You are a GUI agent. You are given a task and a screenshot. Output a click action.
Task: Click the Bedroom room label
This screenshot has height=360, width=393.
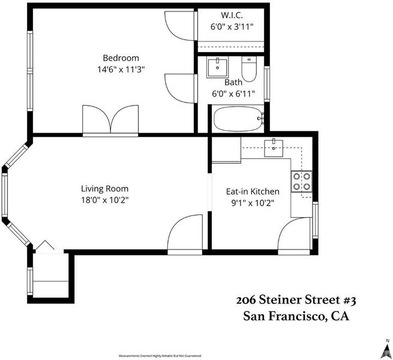click(x=121, y=58)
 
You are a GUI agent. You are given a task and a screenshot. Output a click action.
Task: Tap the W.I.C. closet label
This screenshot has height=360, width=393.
click(x=232, y=15)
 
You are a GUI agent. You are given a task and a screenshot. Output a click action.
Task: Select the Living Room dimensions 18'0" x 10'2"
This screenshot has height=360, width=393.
click(x=104, y=200)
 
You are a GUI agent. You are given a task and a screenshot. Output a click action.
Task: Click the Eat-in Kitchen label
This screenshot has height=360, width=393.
click(x=253, y=191)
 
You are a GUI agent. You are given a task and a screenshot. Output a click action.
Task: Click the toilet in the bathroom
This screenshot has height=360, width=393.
click(x=249, y=68)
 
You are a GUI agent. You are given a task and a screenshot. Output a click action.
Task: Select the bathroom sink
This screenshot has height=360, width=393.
click(x=217, y=67)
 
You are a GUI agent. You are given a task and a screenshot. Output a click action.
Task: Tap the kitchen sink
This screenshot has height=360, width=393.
click(x=274, y=148)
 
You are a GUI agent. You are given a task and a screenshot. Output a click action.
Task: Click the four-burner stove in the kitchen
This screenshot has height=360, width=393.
click(x=302, y=182)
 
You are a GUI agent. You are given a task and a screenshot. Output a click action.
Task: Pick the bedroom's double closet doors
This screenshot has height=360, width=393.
click(x=110, y=119)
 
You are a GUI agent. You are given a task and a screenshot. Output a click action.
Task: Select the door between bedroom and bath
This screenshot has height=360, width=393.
click(x=180, y=88)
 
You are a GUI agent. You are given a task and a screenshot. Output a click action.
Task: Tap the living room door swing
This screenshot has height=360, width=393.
click(x=185, y=232)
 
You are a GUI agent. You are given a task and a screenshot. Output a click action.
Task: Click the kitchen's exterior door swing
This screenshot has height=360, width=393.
click(x=294, y=233)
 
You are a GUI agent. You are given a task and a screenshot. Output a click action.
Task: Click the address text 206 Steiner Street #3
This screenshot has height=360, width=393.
click(x=296, y=300)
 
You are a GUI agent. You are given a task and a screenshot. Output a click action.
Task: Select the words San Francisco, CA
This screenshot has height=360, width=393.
click(x=296, y=316)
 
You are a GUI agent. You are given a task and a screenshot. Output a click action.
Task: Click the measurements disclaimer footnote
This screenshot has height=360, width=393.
click(x=160, y=356)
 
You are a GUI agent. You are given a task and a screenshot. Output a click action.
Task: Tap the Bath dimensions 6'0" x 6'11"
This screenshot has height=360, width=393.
click(x=233, y=94)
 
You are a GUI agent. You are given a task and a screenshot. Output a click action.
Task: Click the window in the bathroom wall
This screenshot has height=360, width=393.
click(x=267, y=84)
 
